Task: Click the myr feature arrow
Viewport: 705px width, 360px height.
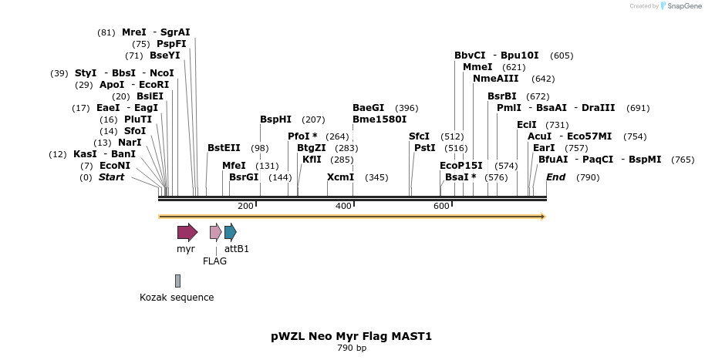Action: point(187,232)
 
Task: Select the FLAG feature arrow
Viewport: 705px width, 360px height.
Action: point(215,232)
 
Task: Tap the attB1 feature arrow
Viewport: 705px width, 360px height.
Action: point(231,232)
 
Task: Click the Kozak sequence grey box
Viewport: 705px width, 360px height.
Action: point(177,281)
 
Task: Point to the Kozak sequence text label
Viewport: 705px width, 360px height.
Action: point(177,298)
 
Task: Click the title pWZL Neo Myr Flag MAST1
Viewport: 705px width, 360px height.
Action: point(351,336)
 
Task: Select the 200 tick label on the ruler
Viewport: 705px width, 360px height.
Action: point(245,206)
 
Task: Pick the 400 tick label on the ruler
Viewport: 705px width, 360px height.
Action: point(343,206)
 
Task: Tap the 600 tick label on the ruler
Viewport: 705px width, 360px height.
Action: point(441,206)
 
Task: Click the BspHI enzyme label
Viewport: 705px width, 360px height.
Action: point(275,119)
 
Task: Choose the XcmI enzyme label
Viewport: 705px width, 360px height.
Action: point(340,177)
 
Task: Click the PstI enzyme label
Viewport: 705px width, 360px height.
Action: point(425,148)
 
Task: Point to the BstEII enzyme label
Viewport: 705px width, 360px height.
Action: point(224,148)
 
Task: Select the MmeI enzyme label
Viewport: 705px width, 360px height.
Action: point(477,67)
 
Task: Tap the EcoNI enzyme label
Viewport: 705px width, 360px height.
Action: point(115,166)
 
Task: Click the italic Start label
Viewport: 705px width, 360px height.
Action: point(111,177)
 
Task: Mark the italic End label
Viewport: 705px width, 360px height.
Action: point(555,177)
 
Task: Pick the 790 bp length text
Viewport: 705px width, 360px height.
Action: point(351,348)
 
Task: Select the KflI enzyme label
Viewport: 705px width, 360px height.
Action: point(312,160)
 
